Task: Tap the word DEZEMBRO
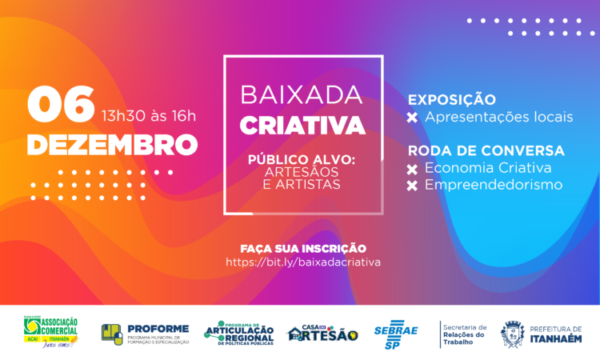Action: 112,145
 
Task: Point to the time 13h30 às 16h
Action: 148,115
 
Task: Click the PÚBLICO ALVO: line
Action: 302,160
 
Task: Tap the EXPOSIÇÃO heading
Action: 451,100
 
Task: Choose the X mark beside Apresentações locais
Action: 413,118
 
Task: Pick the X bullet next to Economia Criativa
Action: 413,168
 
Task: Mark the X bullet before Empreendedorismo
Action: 413,186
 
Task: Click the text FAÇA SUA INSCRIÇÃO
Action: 302,248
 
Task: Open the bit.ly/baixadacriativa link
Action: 302,262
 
